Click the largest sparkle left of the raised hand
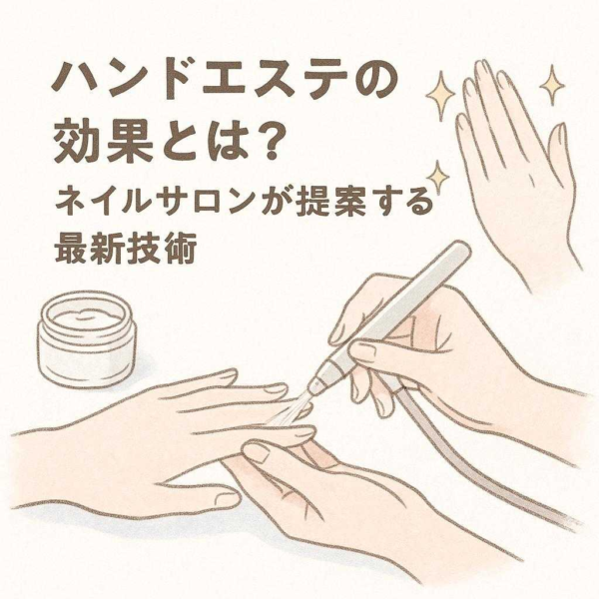tap(440, 94)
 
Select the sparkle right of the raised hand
tap(552, 85)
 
